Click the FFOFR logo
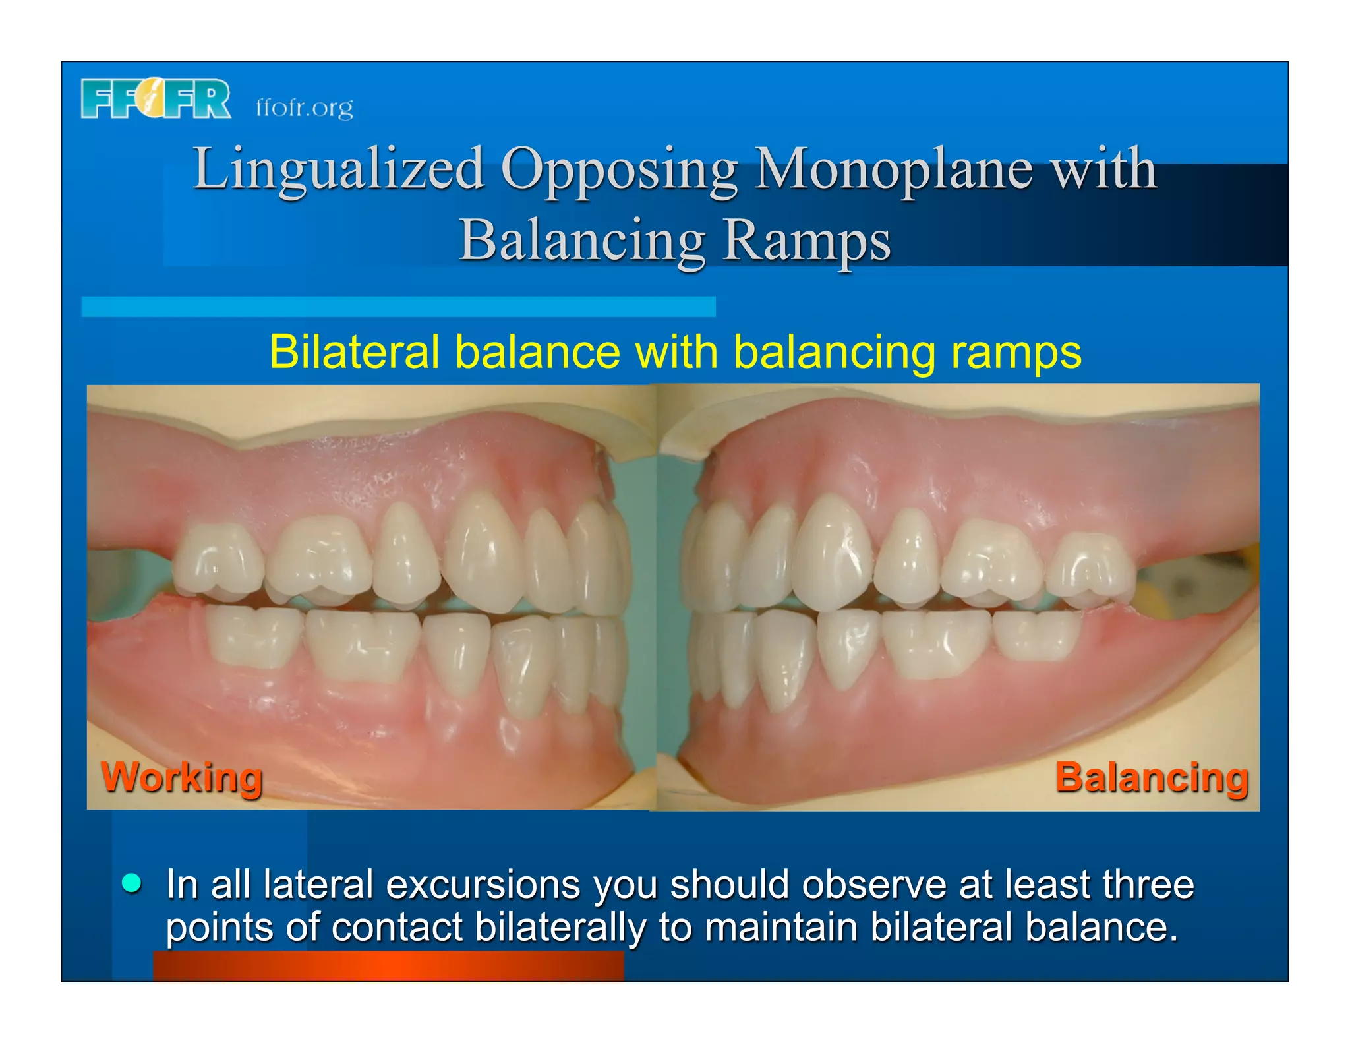[x=156, y=99]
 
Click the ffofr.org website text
[x=304, y=107]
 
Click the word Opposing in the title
[x=619, y=170]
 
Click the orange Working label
[x=182, y=777]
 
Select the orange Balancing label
[x=1152, y=777]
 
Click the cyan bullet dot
[x=132, y=883]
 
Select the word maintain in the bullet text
[x=780, y=927]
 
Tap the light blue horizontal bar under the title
[x=398, y=307]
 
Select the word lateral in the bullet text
[x=318, y=884]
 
